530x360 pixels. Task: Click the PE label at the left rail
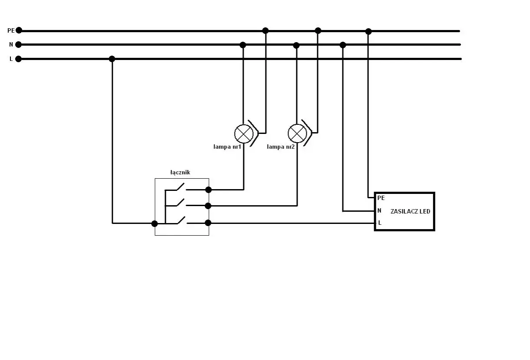pos(11,30)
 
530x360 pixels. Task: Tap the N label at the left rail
pos(11,44)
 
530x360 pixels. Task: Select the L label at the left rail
pos(11,59)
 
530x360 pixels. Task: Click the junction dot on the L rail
pos(112,59)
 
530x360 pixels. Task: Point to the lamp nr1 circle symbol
pos(244,134)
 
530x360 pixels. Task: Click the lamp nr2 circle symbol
pos(297,133)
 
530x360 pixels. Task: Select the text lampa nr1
pos(227,147)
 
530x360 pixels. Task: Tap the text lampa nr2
pos(281,147)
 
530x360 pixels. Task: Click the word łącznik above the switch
pos(180,173)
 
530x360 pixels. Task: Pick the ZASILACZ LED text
pos(410,211)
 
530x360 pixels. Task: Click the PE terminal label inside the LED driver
pos(381,198)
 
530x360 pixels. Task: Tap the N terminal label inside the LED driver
pos(379,210)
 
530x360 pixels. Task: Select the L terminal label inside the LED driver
pos(380,223)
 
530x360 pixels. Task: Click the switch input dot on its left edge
pos(155,223)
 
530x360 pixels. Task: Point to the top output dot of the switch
pos(209,190)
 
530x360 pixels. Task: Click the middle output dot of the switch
pos(208,206)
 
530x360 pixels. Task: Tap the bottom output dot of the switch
pos(208,223)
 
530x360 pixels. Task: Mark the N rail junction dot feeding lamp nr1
pos(243,45)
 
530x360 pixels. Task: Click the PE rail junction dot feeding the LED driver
pos(368,31)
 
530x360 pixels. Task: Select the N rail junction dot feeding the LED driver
pos(343,45)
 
